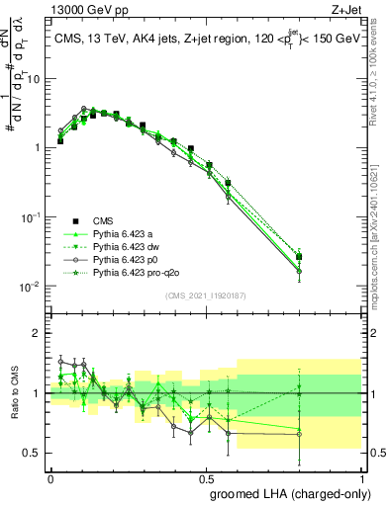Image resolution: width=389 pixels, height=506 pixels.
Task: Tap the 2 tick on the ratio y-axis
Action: pos(41,334)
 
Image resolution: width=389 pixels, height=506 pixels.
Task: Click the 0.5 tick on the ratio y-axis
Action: pos(37,453)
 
